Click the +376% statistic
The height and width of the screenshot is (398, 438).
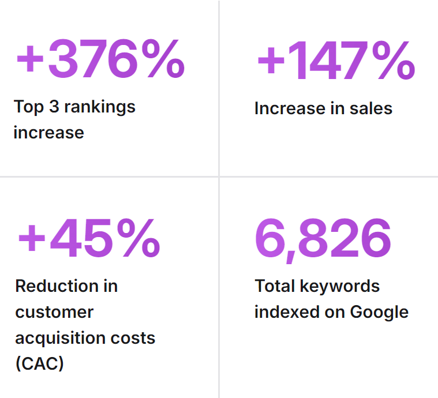pos(100,58)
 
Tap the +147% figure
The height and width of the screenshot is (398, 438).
pos(335,61)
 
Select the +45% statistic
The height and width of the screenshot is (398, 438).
pos(88,237)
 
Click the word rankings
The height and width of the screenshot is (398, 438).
pos(100,107)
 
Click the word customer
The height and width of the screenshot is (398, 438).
pos(54,312)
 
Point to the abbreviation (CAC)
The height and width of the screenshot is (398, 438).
pos(39,363)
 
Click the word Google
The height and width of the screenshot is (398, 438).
pos(379,312)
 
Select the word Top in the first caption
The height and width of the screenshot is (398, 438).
pos(29,107)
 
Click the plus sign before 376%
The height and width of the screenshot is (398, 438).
pos(30,59)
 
